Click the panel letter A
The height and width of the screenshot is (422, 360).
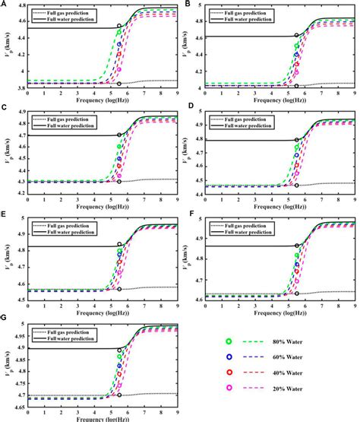point(4,5)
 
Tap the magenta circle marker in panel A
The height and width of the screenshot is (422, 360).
point(119,69)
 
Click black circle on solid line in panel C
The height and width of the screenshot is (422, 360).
point(119,135)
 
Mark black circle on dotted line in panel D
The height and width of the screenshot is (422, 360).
point(297,185)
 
